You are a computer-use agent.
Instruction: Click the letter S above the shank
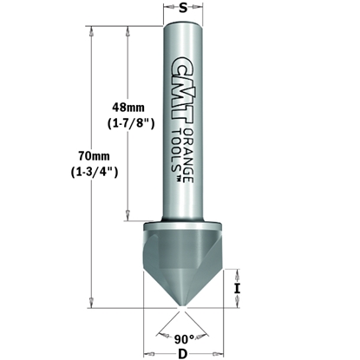[x=180, y=10]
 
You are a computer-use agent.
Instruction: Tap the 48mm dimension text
[x=130, y=106]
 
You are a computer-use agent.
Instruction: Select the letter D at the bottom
[x=180, y=353]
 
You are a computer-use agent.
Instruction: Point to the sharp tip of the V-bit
[x=180, y=306]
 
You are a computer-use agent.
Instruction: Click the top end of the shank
[x=180, y=28]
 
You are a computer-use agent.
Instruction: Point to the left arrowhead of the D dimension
[x=147, y=352]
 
